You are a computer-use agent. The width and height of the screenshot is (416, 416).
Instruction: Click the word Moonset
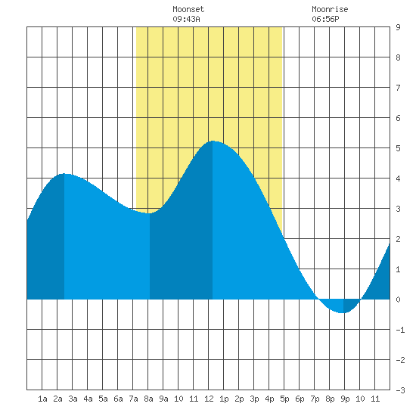click(188, 9)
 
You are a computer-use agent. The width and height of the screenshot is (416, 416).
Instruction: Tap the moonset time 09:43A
click(186, 19)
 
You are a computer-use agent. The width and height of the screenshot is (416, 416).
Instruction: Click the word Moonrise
click(330, 9)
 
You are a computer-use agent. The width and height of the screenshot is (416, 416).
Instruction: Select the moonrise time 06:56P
click(325, 19)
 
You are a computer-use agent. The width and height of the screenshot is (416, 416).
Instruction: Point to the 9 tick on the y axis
click(398, 27)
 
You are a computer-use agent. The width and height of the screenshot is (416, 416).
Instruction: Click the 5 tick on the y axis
click(398, 148)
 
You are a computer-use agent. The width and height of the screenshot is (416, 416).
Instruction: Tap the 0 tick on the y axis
click(398, 300)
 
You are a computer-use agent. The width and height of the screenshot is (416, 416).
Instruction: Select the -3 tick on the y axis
click(400, 390)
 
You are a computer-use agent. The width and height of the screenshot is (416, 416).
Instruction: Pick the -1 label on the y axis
click(400, 330)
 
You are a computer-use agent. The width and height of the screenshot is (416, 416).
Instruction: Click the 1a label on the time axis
click(42, 399)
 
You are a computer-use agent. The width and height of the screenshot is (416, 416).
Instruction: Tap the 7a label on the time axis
click(133, 399)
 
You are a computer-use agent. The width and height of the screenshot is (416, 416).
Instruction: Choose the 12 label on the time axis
click(209, 399)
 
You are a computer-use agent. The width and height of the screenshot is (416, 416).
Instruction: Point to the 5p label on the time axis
click(284, 399)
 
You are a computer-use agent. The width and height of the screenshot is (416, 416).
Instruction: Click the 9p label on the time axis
click(345, 399)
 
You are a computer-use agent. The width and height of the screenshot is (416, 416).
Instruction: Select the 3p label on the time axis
click(254, 399)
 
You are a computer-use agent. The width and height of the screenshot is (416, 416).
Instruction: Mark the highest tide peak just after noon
click(213, 141)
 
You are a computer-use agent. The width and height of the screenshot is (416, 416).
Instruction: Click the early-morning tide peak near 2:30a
click(64, 174)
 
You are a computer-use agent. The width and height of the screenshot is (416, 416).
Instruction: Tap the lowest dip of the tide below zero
click(343, 313)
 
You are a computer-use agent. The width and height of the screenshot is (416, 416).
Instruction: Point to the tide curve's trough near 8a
click(149, 213)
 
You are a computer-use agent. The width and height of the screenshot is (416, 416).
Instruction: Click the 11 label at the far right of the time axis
click(375, 399)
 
